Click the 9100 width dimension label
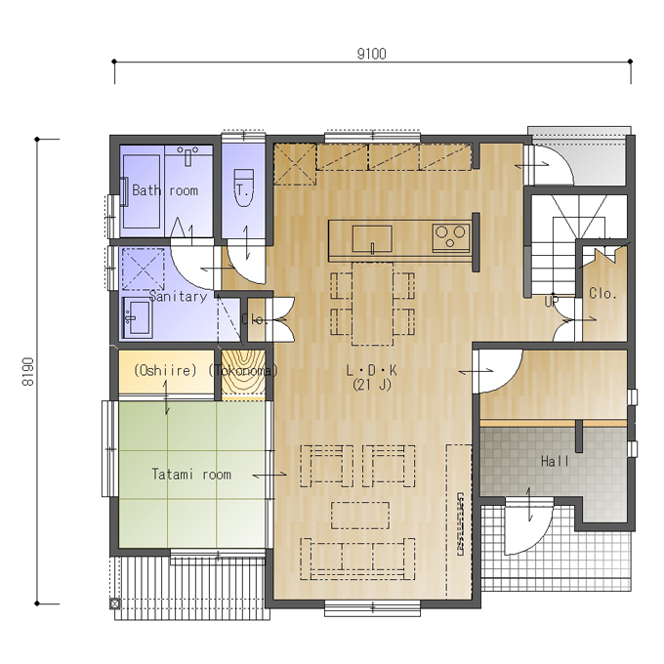(371, 54)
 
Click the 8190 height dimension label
(28, 371)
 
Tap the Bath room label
(165, 190)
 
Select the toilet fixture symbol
(243, 187)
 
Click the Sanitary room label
(178, 296)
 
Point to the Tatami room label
(191, 474)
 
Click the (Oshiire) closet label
(165, 370)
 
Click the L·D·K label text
(371, 370)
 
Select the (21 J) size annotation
(372, 385)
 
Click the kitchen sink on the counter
(372, 239)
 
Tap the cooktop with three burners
(451, 237)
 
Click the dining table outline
(372, 304)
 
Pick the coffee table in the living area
(360, 515)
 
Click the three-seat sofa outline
(357, 559)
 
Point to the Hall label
(555, 461)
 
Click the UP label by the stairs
(552, 302)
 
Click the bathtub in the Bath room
(142, 191)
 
